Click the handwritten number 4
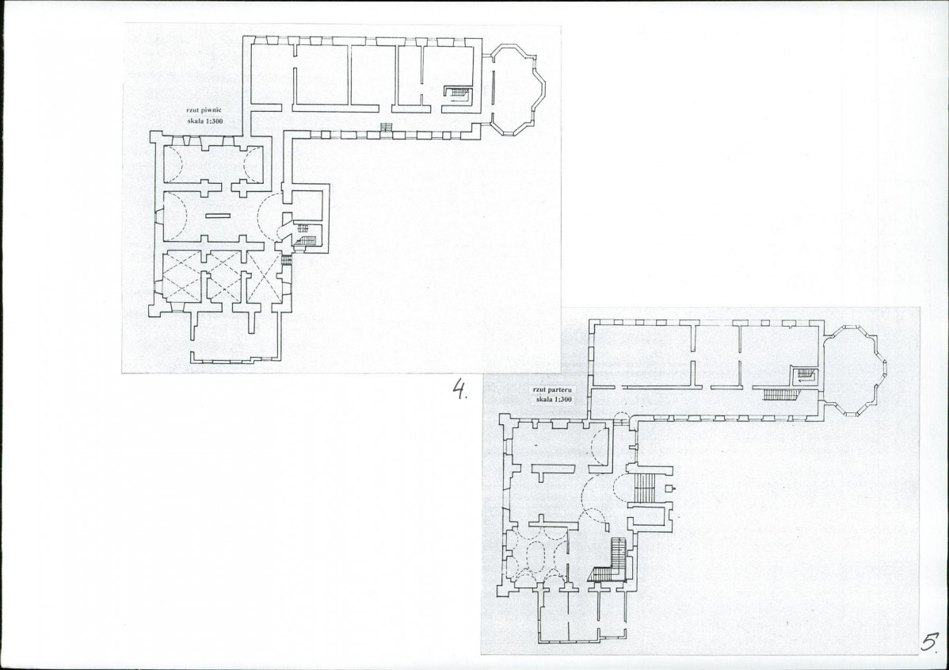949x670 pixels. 460,389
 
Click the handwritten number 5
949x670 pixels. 931,641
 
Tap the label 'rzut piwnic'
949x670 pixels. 204,110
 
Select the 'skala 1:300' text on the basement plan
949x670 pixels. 205,121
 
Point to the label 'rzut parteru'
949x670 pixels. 552,389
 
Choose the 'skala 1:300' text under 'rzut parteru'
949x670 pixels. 554,400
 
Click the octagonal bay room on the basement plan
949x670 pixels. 517,89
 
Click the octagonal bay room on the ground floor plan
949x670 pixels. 856,370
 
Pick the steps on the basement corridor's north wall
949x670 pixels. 386,127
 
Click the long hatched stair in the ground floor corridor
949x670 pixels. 782,394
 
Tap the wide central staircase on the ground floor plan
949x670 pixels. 645,488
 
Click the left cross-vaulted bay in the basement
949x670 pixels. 182,277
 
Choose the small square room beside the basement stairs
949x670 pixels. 307,207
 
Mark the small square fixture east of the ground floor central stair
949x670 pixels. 670,488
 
